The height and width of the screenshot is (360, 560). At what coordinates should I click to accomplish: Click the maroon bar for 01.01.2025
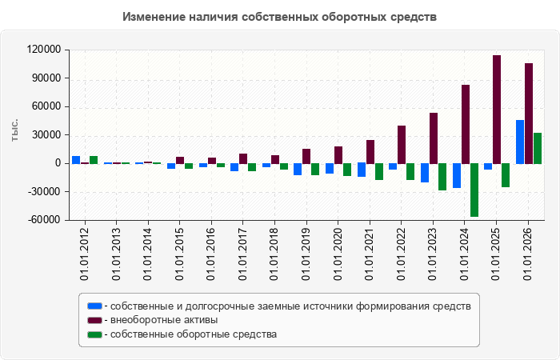(497, 110)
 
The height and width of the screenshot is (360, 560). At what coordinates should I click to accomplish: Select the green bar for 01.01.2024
(474, 190)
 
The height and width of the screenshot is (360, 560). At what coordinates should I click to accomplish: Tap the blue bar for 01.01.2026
(520, 142)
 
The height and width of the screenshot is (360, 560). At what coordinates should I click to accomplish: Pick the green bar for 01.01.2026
(538, 148)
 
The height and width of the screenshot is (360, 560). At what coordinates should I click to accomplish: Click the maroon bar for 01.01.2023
(434, 138)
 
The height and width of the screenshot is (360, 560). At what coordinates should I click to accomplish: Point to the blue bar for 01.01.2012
(76, 160)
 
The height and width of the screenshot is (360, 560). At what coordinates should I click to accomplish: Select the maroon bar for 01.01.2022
(402, 145)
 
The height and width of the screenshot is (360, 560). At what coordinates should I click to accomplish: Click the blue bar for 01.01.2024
(457, 176)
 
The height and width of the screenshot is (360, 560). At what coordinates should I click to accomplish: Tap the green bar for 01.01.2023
(442, 177)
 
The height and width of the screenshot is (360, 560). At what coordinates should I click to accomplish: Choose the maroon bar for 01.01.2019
(306, 157)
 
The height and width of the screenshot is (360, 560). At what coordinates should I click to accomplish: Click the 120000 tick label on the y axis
(44, 50)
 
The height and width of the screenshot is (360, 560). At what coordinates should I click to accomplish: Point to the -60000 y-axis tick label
(44, 220)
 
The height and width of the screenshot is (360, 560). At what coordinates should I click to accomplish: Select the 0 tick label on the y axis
(58, 163)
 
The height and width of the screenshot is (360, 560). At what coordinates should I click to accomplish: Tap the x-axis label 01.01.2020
(338, 254)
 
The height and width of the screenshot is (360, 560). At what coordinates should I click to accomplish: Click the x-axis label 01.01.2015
(179, 254)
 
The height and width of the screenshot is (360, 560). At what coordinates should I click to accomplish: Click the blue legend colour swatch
(94, 306)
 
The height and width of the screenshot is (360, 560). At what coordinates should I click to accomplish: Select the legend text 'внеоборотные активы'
(164, 320)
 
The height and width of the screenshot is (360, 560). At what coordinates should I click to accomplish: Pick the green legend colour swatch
(94, 334)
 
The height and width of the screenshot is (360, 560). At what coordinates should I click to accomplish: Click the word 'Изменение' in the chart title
(153, 17)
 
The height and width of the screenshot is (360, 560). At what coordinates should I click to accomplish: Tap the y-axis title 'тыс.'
(14, 130)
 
